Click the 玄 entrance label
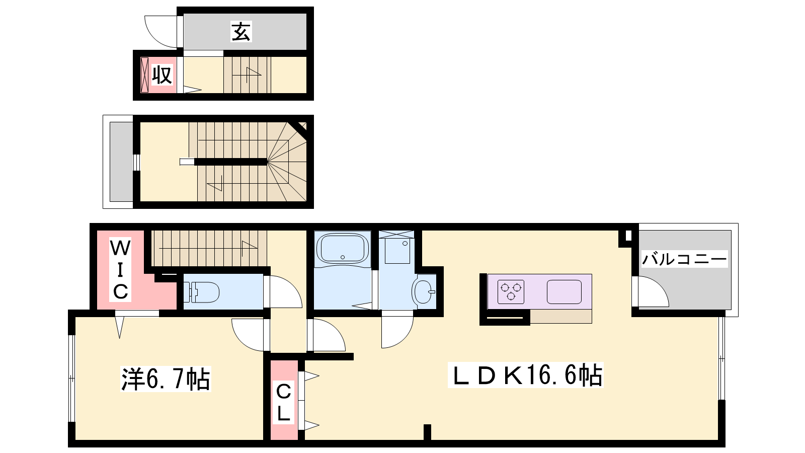click(241, 32)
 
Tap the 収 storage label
click(162, 75)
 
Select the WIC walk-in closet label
click(120, 270)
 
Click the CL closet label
click(284, 403)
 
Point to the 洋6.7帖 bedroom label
click(166, 379)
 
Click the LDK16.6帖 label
click(525, 375)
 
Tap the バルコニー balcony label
click(685, 259)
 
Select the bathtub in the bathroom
click(342, 249)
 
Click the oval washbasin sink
click(423, 291)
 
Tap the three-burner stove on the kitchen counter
click(511, 291)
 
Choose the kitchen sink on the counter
click(564, 291)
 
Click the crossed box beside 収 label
click(144, 75)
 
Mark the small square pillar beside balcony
click(628, 236)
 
